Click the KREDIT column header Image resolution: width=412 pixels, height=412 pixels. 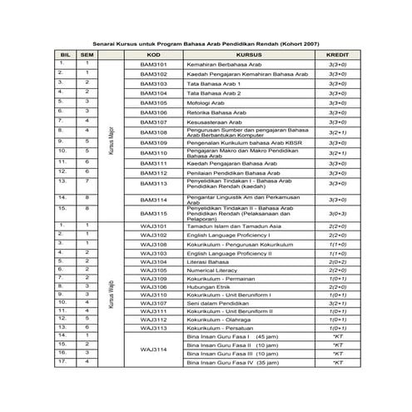[337, 52]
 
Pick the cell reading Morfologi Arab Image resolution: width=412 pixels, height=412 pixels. [208, 102]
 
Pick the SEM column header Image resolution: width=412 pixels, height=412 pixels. [86, 52]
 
